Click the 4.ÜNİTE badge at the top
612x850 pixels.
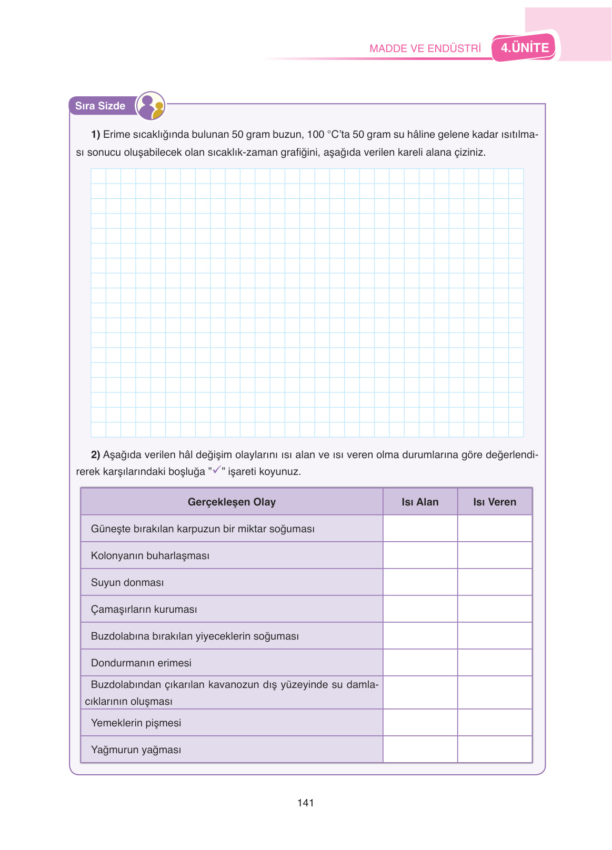point(524,48)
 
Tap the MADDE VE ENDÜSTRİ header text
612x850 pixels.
point(425,48)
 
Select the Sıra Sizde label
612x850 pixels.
point(100,106)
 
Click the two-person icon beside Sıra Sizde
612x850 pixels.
point(151,106)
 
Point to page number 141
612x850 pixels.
point(305,803)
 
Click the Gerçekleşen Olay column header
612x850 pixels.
point(232,502)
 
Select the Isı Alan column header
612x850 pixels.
point(420,502)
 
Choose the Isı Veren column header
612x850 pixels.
point(495,502)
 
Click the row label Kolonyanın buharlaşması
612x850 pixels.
point(150,555)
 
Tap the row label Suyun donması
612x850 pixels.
point(127,582)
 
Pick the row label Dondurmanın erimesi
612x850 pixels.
point(141,663)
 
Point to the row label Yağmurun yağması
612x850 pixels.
point(136,750)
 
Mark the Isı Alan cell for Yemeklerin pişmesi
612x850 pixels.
point(420,722)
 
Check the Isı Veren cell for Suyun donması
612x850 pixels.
point(495,582)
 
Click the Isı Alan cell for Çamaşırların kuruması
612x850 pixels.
point(420,609)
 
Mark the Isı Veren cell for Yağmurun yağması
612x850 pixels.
point(495,749)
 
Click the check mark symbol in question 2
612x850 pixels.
point(216,470)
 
